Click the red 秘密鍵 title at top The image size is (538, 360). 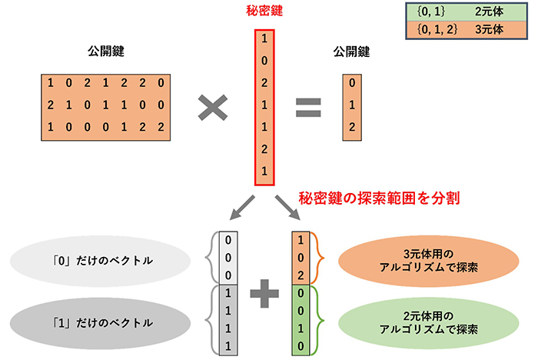click(261, 13)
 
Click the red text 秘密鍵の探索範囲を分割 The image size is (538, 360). click(380, 198)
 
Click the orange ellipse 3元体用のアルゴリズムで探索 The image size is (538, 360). click(433, 260)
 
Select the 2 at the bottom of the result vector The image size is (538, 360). click(351, 126)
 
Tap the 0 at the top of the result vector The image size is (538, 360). click(351, 83)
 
